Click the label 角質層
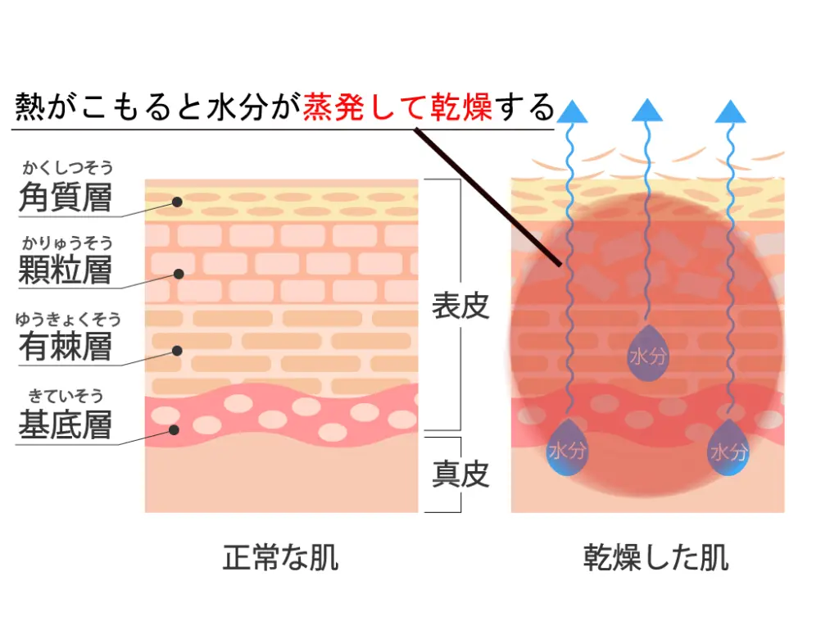click(65, 197)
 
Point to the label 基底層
click(65, 424)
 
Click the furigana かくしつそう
click(67, 168)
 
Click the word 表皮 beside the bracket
click(460, 306)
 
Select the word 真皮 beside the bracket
click(460, 474)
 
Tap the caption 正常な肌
click(280, 558)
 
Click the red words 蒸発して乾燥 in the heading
click(397, 107)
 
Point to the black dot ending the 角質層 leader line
click(177, 202)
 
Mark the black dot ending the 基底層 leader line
click(175, 429)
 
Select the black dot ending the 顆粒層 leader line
click(178, 273)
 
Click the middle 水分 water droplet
click(647, 357)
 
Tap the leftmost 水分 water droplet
click(567, 450)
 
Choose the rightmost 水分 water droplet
click(728, 450)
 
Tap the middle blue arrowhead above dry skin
click(647, 110)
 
